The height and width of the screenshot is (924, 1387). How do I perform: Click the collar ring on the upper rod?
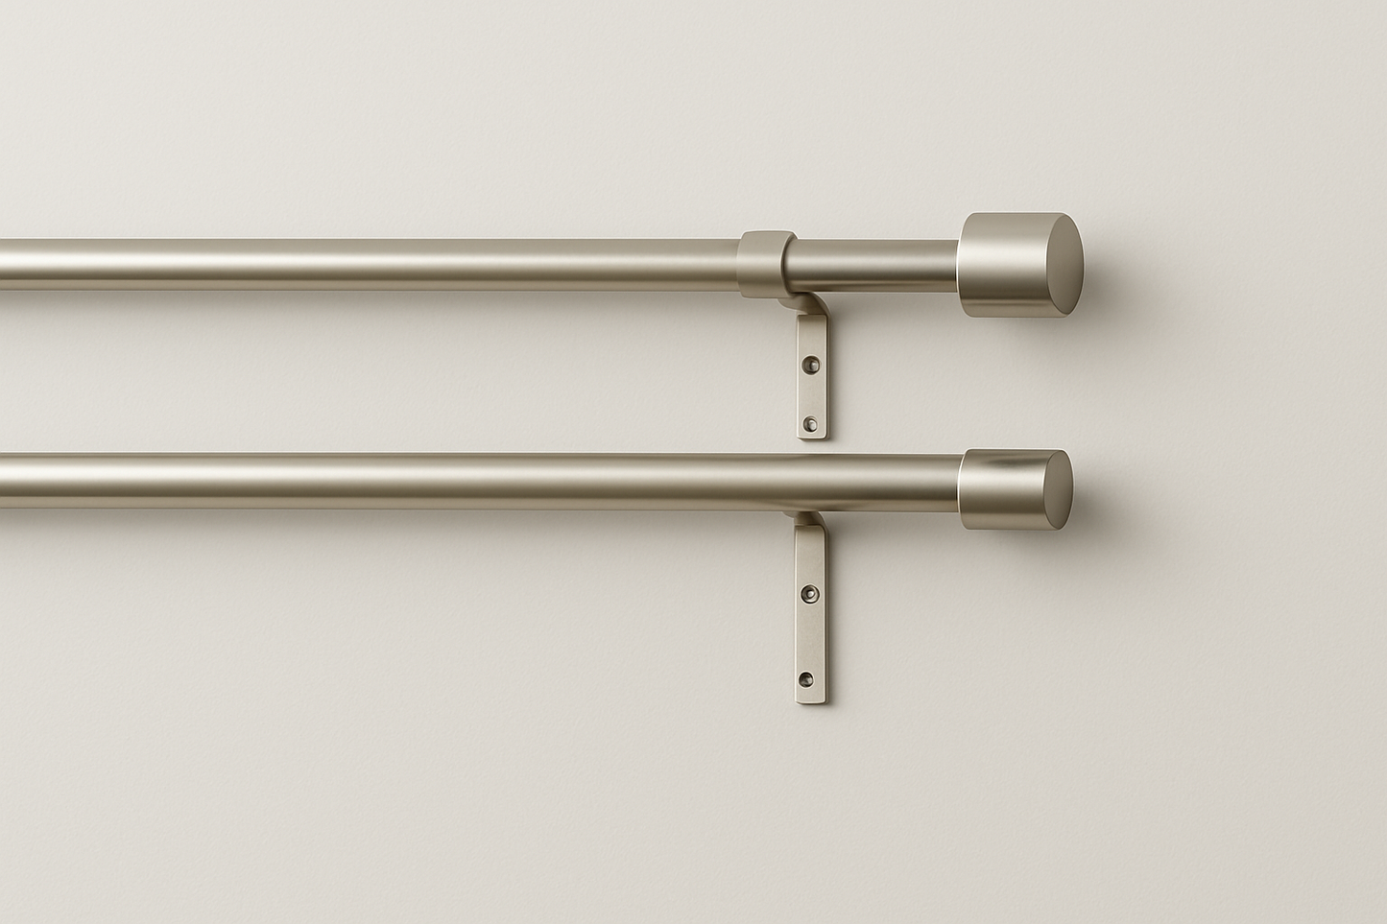pos(766,262)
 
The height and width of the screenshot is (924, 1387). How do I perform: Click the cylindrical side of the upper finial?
pos(984,266)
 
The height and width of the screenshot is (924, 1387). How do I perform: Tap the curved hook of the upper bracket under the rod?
pos(802,305)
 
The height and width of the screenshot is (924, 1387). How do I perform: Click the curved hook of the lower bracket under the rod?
pos(804,524)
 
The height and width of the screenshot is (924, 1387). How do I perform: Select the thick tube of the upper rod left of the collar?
pos(384,264)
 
